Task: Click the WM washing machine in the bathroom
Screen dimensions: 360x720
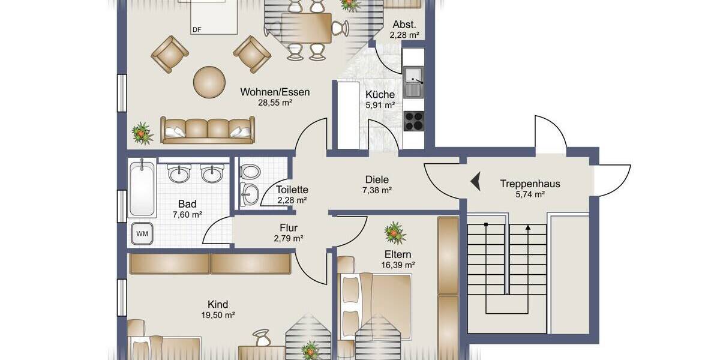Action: tap(142, 233)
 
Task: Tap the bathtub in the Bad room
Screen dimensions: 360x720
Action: tap(143, 188)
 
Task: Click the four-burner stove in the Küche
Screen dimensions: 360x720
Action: tap(413, 121)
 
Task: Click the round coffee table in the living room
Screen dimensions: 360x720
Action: tap(209, 82)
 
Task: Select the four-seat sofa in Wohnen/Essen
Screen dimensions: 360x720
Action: tap(208, 130)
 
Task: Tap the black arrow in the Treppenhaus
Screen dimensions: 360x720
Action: tap(475, 181)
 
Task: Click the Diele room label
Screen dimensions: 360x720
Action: tap(377, 179)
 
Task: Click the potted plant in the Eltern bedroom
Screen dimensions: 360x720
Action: tap(395, 232)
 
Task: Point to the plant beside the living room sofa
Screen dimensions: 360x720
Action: tap(142, 133)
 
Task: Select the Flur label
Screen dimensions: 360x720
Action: tap(289, 228)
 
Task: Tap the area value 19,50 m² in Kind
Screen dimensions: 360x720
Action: tap(218, 314)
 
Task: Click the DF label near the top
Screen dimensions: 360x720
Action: tap(196, 29)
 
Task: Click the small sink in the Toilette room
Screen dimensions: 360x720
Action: tap(251, 194)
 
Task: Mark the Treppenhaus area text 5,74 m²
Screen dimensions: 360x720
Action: tap(530, 194)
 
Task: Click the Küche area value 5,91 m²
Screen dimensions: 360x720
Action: tap(380, 105)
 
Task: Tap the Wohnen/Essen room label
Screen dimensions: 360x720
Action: tap(275, 92)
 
